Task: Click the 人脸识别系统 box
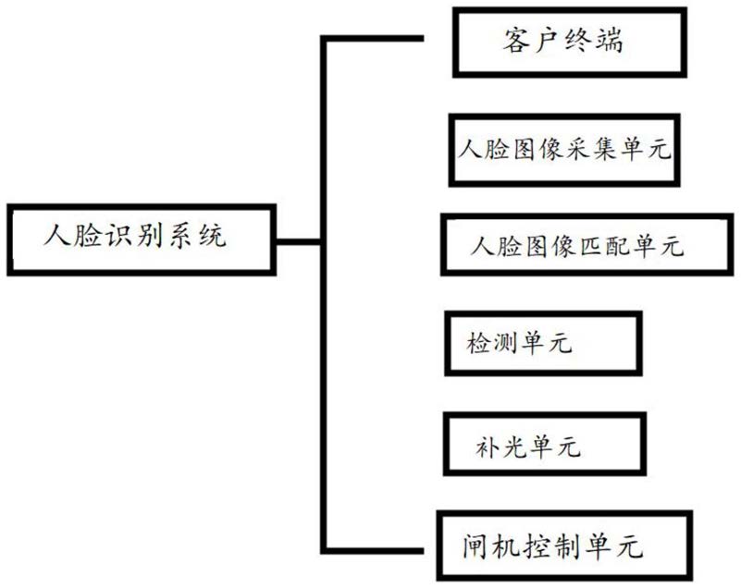(x=140, y=239)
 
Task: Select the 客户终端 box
(x=570, y=43)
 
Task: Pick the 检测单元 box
(x=542, y=344)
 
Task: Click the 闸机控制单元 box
(x=552, y=545)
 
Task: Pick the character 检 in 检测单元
(x=478, y=346)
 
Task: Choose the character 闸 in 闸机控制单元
(x=476, y=546)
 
